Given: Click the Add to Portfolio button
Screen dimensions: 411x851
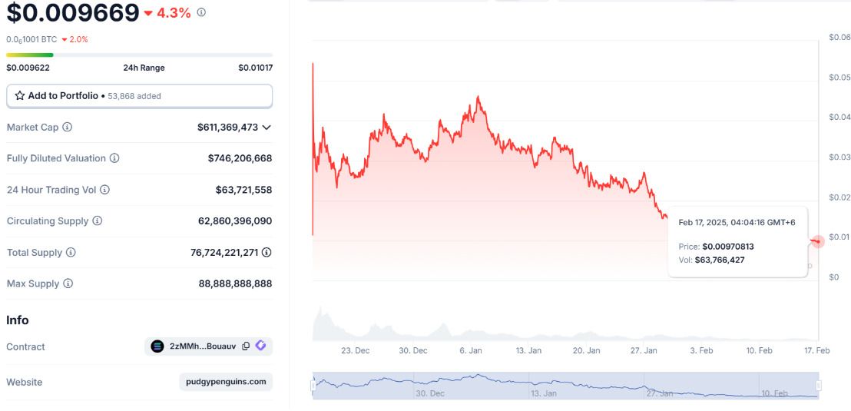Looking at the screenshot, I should point(139,96).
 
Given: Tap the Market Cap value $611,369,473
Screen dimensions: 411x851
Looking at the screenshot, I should point(227,128).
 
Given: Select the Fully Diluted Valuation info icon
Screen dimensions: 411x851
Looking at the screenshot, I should point(114,158).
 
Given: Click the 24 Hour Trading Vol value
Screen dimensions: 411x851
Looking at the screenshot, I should point(243,190).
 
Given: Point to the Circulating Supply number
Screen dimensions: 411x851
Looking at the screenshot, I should point(235,221).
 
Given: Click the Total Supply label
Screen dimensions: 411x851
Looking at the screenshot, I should point(35,253).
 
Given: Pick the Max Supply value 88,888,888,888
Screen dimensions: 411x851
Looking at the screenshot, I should point(235,283).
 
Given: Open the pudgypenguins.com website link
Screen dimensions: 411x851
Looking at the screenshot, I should point(226,382).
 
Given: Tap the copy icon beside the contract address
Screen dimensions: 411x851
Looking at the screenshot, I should point(246,346).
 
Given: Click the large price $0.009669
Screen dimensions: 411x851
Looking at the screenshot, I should point(73,13).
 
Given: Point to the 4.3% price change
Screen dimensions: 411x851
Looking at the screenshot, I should point(173,13).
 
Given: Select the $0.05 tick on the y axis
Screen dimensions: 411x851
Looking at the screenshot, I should point(839,78).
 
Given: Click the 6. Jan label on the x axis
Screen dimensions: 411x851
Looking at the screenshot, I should point(470,350).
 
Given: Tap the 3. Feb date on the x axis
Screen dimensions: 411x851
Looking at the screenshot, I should point(701,350).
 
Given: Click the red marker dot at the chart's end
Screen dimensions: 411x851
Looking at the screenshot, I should point(818,241).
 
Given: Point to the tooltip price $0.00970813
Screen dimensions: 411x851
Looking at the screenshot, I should point(728,247).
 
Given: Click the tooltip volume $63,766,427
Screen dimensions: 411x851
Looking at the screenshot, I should point(719,260).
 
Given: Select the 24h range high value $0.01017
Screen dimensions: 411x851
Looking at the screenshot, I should point(255,68).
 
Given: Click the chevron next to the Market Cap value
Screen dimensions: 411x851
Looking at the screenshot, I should point(267,128).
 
